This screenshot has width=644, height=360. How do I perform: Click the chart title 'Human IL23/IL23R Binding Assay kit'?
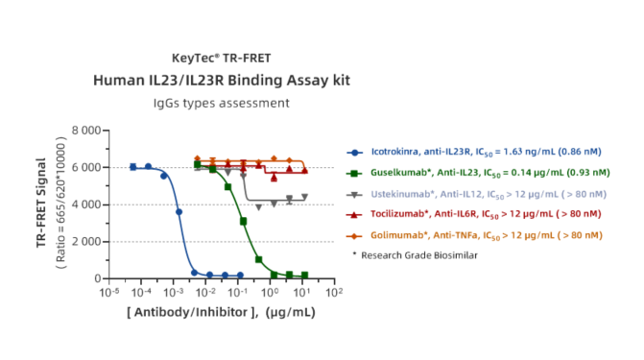click(222, 80)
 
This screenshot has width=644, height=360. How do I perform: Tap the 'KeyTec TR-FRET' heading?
click(222, 58)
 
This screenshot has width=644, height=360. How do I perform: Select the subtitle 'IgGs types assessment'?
click(222, 103)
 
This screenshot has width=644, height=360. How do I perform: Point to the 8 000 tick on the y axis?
click(86, 131)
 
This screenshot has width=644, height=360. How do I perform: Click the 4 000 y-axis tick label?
click(86, 204)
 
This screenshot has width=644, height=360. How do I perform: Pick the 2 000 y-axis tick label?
click(86, 242)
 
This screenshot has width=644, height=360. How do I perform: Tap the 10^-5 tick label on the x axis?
click(109, 292)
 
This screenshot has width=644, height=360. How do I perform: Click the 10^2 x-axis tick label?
click(334, 292)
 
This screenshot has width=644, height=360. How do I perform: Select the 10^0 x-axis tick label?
click(270, 292)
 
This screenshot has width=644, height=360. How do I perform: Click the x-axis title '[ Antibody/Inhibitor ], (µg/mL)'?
click(221, 312)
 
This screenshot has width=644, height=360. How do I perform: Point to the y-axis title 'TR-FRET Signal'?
click(41, 203)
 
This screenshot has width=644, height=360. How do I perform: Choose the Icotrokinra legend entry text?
click(487, 152)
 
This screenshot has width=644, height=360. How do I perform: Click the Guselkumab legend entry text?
click(490, 173)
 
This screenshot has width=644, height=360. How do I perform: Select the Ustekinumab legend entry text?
click(489, 194)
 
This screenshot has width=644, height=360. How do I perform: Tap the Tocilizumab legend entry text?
click(486, 214)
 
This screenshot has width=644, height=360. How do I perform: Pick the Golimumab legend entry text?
click(487, 235)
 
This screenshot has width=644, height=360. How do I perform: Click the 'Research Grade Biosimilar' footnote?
click(418, 255)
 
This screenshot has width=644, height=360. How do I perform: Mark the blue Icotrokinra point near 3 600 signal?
click(179, 212)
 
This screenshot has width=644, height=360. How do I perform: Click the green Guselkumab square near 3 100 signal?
click(243, 222)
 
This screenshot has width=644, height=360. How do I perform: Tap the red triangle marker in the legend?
click(354, 214)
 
